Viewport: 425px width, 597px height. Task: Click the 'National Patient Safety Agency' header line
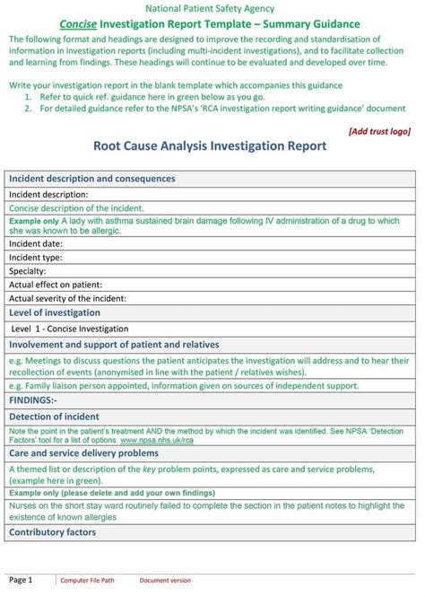[x=212, y=8]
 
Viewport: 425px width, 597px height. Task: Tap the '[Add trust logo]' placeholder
[x=379, y=131]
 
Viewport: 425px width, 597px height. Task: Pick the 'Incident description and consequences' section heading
[x=92, y=179]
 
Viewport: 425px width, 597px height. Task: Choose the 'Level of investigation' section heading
[x=55, y=312]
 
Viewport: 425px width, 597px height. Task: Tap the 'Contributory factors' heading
[x=52, y=532]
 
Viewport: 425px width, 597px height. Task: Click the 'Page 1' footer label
[x=21, y=580]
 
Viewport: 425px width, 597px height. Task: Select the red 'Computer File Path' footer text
[x=87, y=581]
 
